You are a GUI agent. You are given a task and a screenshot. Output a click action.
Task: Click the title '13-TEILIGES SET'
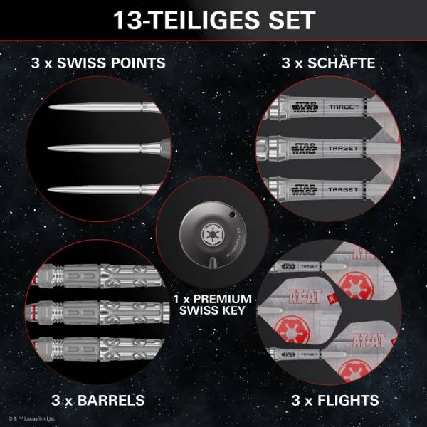click(x=213, y=19)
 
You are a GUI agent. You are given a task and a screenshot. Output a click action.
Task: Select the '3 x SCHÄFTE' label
click(x=328, y=63)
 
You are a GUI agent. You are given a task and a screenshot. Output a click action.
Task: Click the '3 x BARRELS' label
click(x=98, y=400)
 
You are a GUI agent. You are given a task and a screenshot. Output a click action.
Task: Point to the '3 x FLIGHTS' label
click(x=334, y=400)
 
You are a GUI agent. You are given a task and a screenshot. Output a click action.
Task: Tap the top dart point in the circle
click(x=100, y=108)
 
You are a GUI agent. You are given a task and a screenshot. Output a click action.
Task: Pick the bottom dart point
click(x=100, y=189)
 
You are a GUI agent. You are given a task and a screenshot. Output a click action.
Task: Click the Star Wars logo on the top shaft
click(x=303, y=108)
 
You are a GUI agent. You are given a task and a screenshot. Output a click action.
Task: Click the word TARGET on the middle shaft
click(x=342, y=149)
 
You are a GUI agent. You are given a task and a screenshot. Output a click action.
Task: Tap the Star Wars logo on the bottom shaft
click(x=303, y=189)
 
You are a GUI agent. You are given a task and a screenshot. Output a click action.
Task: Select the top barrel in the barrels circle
click(x=100, y=274)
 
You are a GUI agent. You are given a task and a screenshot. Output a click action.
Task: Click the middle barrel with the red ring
click(x=100, y=311)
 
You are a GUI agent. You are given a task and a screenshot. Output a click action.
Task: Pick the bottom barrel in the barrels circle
click(x=100, y=348)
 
